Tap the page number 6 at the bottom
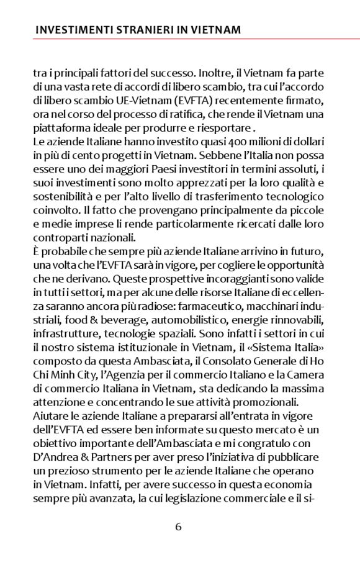coord(179,527)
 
